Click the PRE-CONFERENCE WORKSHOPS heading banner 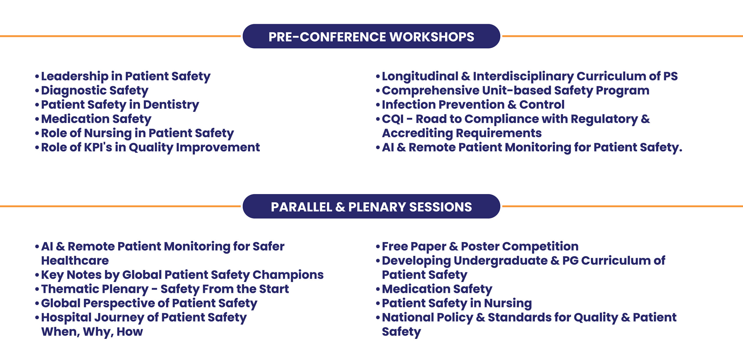pyautogui.click(x=371, y=36)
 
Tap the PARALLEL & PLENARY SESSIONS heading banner pyautogui.click(x=371, y=206)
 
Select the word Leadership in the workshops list pyautogui.click(x=75, y=77)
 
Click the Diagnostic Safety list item pyautogui.click(x=95, y=91)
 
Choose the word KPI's pyautogui.click(x=98, y=147)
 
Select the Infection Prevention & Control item pyautogui.click(x=473, y=105)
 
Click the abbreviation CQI pyautogui.click(x=393, y=119)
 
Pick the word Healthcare pyautogui.click(x=75, y=260)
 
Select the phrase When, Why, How pyautogui.click(x=92, y=332)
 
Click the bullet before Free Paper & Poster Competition pyautogui.click(x=378, y=247)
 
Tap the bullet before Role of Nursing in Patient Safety pyautogui.click(x=37, y=133)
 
